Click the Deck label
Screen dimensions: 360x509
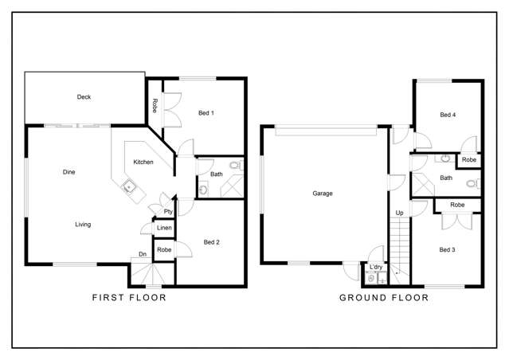(x=84, y=97)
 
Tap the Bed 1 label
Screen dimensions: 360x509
(x=206, y=113)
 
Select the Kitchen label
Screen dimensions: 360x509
(x=143, y=162)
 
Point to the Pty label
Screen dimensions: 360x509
(x=168, y=212)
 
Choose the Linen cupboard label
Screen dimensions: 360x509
(x=163, y=229)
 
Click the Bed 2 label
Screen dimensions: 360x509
(x=211, y=242)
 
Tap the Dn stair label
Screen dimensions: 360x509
(x=143, y=255)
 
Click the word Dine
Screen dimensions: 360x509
(x=69, y=172)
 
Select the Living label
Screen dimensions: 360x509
(x=83, y=225)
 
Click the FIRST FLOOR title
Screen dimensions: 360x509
(x=130, y=298)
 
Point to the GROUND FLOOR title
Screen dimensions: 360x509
(x=384, y=298)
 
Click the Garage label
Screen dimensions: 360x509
(x=323, y=194)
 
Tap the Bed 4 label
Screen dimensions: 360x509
(x=448, y=115)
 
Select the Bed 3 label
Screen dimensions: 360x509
(x=448, y=249)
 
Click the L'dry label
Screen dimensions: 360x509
(x=376, y=268)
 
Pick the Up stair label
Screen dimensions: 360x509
(x=398, y=213)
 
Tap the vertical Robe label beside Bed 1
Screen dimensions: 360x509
(x=155, y=105)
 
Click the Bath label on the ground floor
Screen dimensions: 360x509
(x=446, y=178)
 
